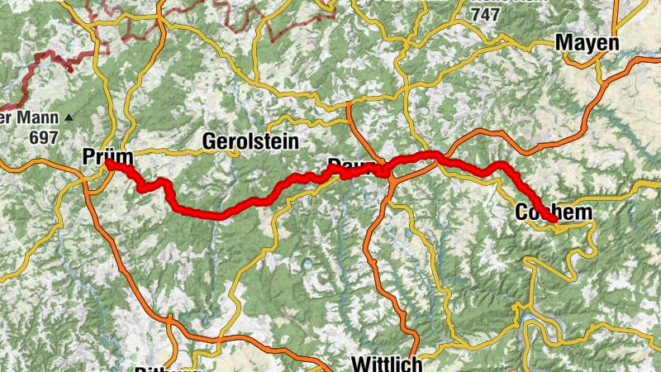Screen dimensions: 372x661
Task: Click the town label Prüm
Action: point(102,155)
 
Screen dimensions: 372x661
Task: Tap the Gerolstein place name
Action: point(250,142)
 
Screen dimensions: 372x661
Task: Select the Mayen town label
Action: point(587,42)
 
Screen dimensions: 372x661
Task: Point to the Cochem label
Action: point(554,212)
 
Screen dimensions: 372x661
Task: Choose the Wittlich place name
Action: point(387,364)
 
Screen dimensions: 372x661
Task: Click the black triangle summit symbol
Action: point(69,118)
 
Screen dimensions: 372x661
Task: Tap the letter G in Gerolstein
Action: point(210,142)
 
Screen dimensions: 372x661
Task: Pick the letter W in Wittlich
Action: point(361,364)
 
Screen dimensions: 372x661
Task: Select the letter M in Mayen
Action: point(566,42)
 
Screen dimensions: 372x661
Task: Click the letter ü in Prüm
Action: point(106,155)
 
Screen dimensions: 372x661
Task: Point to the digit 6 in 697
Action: point(35,137)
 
